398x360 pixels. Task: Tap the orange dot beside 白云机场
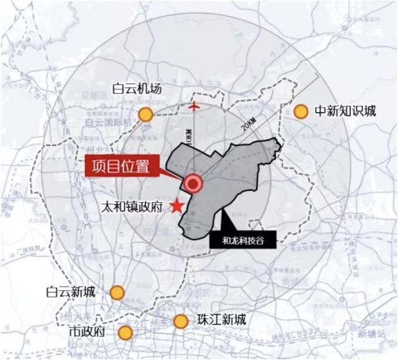(146, 114)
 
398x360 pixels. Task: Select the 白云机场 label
(137, 89)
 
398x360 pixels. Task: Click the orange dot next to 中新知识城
(301, 111)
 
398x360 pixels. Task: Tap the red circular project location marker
(193, 183)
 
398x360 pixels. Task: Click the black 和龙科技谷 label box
(239, 240)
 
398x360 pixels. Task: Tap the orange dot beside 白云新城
(116, 292)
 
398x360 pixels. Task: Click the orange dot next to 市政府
(126, 332)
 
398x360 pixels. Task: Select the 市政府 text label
(90, 331)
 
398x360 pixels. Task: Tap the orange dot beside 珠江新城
(180, 321)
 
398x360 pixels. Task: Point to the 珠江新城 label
(221, 321)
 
